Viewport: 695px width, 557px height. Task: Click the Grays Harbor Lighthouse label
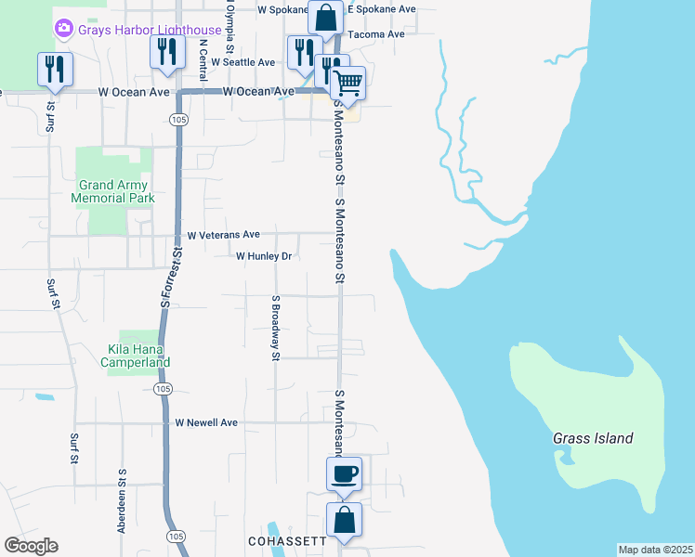[x=150, y=30]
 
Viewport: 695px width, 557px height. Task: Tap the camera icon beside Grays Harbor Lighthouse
[x=64, y=29]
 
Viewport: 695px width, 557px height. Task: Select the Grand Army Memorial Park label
[x=113, y=191]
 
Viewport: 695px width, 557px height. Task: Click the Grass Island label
[x=593, y=438]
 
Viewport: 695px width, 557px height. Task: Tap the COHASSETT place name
[x=287, y=540]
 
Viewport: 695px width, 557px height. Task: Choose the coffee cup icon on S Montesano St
[x=344, y=475]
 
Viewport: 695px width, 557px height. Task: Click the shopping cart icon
[x=347, y=84]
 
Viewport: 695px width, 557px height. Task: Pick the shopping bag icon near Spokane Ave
[x=327, y=17]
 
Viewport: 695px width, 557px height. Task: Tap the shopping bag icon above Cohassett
[x=344, y=521]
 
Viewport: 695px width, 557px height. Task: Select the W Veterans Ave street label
[x=224, y=235]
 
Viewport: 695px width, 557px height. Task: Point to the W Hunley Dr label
[x=264, y=255]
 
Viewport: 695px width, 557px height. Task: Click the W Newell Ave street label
[x=206, y=422]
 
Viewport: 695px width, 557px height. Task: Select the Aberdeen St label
[x=122, y=499]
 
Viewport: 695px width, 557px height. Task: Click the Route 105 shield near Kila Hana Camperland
[x=163, y=388]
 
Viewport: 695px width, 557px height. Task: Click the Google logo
[x=32, y=546]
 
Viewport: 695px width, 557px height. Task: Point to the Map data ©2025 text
[x=655, y=550]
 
